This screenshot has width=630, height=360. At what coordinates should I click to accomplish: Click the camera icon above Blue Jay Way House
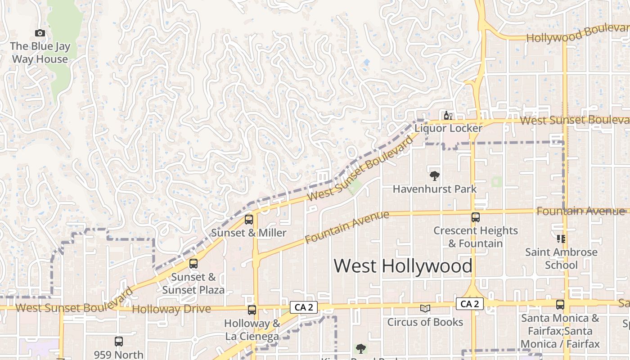[40, 33]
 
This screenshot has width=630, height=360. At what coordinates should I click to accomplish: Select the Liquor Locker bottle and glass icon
[448, 116]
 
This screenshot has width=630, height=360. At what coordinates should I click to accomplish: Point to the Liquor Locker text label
[448, 128]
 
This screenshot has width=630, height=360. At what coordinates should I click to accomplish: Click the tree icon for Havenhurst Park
[434, 176]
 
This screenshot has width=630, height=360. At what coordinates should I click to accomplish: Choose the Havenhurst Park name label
[434, 189]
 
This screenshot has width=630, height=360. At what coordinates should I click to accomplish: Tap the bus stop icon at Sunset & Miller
[248, 220]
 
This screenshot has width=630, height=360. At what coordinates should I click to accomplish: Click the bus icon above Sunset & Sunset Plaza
[193, 264]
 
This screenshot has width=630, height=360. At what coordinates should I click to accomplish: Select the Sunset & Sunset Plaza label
[193, 283]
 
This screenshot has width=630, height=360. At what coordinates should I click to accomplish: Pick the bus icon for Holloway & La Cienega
[252, 310]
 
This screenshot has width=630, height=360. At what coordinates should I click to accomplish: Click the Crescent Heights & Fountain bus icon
[476, 217]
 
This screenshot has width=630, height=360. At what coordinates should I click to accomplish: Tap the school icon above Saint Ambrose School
[561, 239]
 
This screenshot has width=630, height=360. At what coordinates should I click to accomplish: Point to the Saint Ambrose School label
[561, 258]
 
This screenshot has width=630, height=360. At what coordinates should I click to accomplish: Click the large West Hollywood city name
[403, 266]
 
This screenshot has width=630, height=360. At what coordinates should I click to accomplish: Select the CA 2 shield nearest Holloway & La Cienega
[304, 307]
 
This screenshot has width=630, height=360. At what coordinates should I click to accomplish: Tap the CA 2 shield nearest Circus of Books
[470, 304]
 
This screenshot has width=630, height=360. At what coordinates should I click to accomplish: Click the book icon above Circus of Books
[425, 309]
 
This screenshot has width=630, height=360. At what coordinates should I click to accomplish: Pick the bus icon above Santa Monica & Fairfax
[560, 305]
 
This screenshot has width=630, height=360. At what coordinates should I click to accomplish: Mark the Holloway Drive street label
[171, 309]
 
